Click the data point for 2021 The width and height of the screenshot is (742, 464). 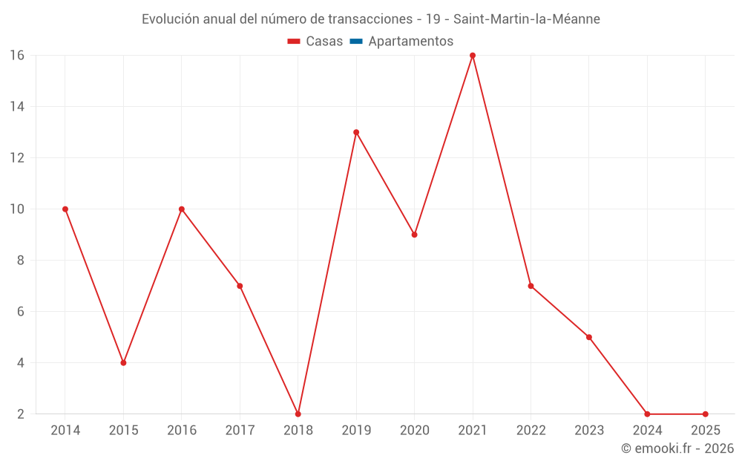pyautogui.click(x=473, y=56)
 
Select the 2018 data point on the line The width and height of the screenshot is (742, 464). pyautogui.click(x=298, y=414)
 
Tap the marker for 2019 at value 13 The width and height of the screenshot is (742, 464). pyautogui.click(x=356, y=132)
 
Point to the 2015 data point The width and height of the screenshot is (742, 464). pyautogui.click(x=123, y=363)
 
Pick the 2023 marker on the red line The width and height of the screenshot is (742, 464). pyautogui.click(x=589, y=337)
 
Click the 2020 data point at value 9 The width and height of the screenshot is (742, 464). pyautogui.click(x=414, y=235)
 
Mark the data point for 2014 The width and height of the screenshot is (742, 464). pyautogui.click(x=65, y=209)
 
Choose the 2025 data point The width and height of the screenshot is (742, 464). pyautogui.click(x=705, y=414)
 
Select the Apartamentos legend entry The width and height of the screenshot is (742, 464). pyautogui.click(x=410, y=42)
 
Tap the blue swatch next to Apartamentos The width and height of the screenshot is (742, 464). pyautogui.click(x=356, y=42)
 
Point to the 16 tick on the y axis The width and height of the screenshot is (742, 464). pyautogui.click(x=16, y=56)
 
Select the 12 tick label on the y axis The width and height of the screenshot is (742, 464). pyautogui.click(x=16, y=158)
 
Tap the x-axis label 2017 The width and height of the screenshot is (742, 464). pyautogui.click(x=240, y=431)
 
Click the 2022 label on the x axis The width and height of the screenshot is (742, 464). pyautogui.click(x=531, y=431)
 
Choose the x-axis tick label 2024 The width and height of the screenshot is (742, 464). pyautogui.click(x=647, y=431)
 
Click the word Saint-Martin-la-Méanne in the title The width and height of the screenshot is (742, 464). pyautogui.click(x=527, y=19)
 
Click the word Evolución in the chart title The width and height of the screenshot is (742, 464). pyautogui.click(x=171, y=19)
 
